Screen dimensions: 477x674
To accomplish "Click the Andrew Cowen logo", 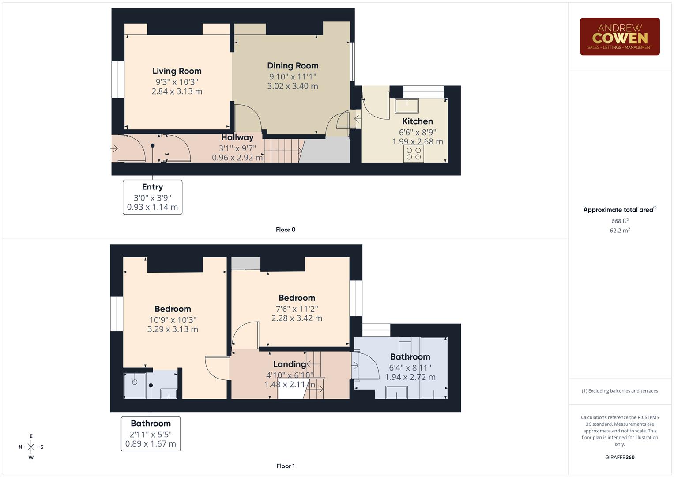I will [x=619, y=37].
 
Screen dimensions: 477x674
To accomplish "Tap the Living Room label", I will [x=177, y=71].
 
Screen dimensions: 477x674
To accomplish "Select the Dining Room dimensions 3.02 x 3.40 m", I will [x=292, y=86].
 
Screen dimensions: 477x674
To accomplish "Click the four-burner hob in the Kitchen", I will [x=414, y=154].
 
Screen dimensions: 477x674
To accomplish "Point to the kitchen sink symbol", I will [x=407, y=106].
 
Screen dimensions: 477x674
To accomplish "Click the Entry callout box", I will [x=152, y=197].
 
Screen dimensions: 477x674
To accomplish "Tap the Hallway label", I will [x=237, y=137].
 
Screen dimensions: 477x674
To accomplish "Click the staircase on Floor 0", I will [x=283, y=150].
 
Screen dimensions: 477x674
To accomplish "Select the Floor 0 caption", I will [x=286, y=230].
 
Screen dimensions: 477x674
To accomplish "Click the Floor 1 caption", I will [x=286, y=466].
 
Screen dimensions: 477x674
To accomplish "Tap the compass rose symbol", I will [x=31, y=447].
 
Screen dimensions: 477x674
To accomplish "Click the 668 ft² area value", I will [x=619, y=221].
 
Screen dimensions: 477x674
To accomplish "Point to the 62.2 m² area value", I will [x=619, y=231].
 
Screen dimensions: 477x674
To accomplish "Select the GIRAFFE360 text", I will [x=619, y=458].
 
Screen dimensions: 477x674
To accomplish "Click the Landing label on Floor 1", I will [x=289, y=364].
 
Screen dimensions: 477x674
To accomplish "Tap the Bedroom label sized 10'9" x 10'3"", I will [x=173, y=309].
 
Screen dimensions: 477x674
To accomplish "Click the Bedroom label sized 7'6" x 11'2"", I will [x=297, y=298].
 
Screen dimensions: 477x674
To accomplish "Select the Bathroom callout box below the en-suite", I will [x=151, y=433].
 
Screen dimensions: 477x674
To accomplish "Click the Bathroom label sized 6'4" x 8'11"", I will [x=410, y=357].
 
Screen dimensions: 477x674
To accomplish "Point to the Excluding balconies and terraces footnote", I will [x=619, y=391].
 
